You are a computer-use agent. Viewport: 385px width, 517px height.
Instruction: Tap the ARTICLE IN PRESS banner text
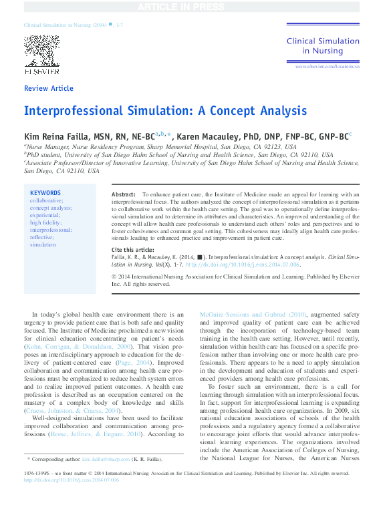tap(192, 7)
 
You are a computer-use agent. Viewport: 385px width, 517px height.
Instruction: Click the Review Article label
tap(48, 88)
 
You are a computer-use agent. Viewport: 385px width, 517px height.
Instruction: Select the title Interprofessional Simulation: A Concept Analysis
tap(165, 111)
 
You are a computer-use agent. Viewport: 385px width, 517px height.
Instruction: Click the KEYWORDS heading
tap(45, 193)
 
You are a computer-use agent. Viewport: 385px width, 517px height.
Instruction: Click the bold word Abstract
tap(124, 194)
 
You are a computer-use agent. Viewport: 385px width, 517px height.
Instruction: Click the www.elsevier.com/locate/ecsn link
tap(327, 67)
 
